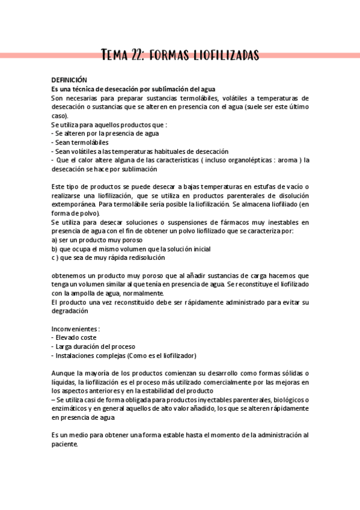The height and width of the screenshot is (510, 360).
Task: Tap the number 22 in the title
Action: (138, 56)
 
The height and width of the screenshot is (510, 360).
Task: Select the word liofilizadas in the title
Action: (226, 56)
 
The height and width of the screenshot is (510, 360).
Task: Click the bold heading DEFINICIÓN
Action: (69, 80)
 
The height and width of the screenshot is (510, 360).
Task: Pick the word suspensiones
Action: (185, 223)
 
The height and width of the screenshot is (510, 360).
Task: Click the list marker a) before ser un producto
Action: (54, 240)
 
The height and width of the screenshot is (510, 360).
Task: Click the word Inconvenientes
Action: (75, 329)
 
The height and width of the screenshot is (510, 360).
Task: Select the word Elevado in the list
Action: (67, 338)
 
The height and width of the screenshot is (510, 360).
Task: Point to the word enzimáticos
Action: (69, 409)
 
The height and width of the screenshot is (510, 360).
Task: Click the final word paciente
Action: (64, 444)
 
